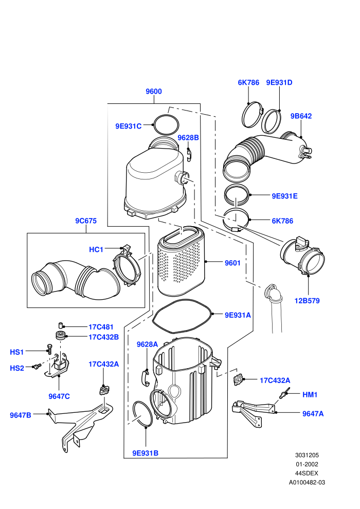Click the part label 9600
pyautogui.click(x=154, y=92)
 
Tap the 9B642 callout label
pyautogui.click(x=301, y=116)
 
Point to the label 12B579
pyautogui.click(x=307, y=301)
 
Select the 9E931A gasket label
pyautogui.click(x=238, y=315)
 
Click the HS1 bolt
pyautogui.click(x=49, y=350)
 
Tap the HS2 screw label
pyautogui.click(x=17, y=369)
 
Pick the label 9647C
pyautogui.click(x=59, y=396)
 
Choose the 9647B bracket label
pyautogui.click(x=21, y=415)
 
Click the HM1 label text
pyautogui.click(x=310, y=395)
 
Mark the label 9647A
pyautogui.click(x=313, y=414)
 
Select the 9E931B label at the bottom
pyautogui.click(x=145, y=453)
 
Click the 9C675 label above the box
pyautogui.click(x=86, y=221)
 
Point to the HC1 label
pyautogui.click(x=96, y=250)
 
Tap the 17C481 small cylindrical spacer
pyautogui.click(x=60, y=325)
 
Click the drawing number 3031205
pyautogui.click(x=307, y=456)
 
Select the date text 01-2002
pyautogui.click(x=307, y=465)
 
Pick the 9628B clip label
pyautogui.click(x=188, y=138)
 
